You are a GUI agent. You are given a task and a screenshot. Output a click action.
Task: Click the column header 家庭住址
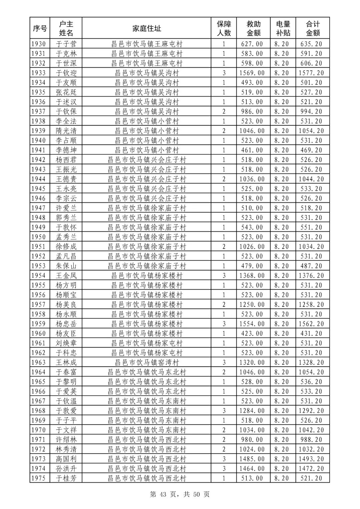pyautogui.click(x=147, y=28)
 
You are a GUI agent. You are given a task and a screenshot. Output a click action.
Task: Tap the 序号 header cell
pyautogui.click(x=40, y=28)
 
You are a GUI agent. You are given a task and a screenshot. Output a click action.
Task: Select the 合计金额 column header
pyautogui.click(x=313, y=28)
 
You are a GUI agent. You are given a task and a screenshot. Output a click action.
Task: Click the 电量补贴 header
pyautogui.click(x=283, y=28)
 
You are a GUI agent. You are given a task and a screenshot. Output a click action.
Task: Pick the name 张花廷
pyautogui.click(x=66, y=92)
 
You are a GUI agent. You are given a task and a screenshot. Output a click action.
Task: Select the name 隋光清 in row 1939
pyautogui.click(x=66, y=131)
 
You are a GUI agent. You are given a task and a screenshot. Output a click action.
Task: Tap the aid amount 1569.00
pyautogui.click(x=252, y=73)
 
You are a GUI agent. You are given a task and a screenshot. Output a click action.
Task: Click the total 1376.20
pyautogui.click(x=311, y=276)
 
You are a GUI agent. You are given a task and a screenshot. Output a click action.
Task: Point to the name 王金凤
pyautogui.click(x=66, y=276)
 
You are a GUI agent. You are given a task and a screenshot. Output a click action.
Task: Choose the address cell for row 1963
pyautogui.click(x=147, y=363)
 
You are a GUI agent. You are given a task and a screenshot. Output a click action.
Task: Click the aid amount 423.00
pyautogui.click(x=252, y=334)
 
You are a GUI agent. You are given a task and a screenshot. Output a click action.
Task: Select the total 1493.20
pyautogui.click(x=311, y=459)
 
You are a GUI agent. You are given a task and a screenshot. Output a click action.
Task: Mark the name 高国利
pyautogui.click(x=66, y=459)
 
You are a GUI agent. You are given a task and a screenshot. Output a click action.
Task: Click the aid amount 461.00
pyautogui.click(x=252, y=150)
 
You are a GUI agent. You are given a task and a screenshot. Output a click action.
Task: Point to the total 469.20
pyautogui.click(x=311, y=150)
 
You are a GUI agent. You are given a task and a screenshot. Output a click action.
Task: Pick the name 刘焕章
pyautogui.click(x=66, y=343)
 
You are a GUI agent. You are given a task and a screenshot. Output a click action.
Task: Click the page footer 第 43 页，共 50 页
pyautogui.click(x=180, y=494)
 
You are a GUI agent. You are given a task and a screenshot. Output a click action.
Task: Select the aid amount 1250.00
pyautogui.click(x=252, y=305)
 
